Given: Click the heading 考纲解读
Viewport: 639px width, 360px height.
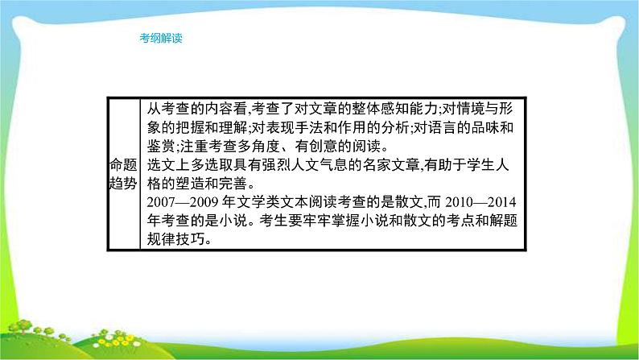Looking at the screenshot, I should click(x=161, y=38).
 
